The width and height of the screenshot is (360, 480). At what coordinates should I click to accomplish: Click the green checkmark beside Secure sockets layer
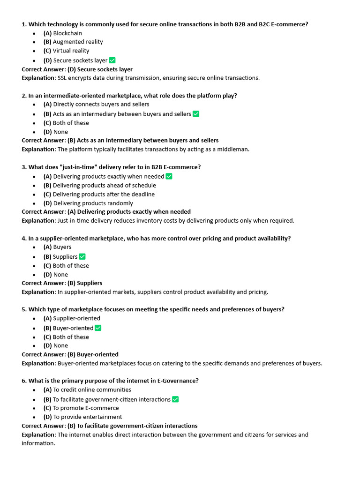[x=112, y=60]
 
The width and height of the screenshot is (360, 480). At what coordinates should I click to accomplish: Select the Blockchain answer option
[x=62, y=33]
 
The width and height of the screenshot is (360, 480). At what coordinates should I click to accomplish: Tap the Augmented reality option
[x=73, y=42]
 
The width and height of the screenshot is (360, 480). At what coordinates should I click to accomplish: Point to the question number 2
[x=23, y=96]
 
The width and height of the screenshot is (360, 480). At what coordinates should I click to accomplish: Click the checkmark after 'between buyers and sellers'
[x=196, y=113]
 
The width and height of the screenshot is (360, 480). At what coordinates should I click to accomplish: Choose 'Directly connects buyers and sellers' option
[x=96, y=104]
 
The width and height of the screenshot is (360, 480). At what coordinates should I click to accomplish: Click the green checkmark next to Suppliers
[x=82, y=256]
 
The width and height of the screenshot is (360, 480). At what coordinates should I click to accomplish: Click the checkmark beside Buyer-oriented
[x=98, y=328]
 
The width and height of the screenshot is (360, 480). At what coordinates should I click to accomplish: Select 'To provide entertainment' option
[x=82, y=417]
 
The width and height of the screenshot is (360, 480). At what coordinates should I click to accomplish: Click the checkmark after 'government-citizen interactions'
[x=175, y=399]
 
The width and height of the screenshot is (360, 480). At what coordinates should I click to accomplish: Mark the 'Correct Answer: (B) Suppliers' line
[x=62, y=283]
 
